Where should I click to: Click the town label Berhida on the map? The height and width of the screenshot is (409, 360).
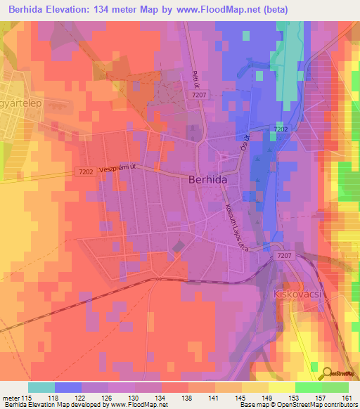pyautogui.click(x=210, y=180)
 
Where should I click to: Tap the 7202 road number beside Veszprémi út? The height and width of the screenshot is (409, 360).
pyautogui.click(x=86, y=171)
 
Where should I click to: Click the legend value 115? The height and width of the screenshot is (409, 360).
pyautogui.click(x=27, y=397)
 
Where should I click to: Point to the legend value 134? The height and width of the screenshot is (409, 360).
pyautogui.click(x=161, y=397)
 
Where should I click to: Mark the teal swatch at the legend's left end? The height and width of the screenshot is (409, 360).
pyautogui.click(x=41, y=387)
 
